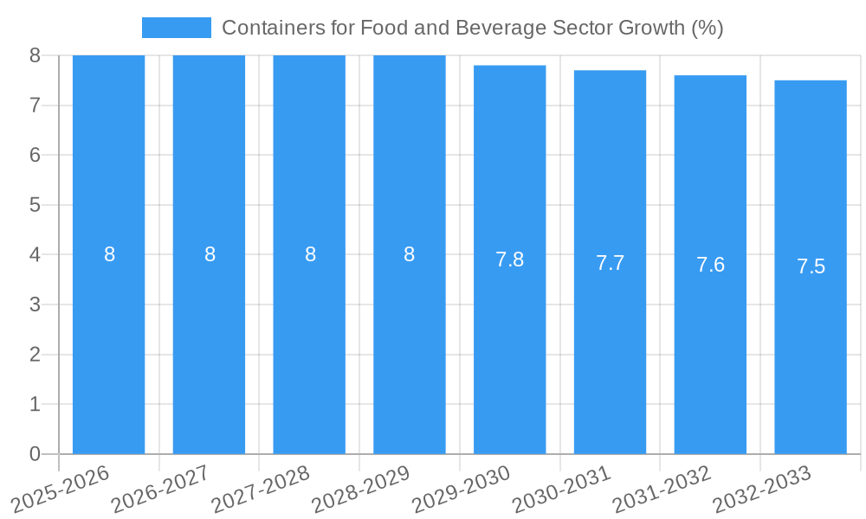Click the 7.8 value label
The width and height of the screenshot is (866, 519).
pos(509,259)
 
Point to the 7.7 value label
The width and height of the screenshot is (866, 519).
pos(610,263)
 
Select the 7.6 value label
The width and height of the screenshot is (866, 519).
pos(710,265)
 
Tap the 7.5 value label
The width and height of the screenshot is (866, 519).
pos(811,266)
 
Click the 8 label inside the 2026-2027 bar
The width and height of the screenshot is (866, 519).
pos(210,254)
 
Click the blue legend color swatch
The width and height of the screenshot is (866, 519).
pos(176,28)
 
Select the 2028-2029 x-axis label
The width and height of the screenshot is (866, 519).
pos(360,490)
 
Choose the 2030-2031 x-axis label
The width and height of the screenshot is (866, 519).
pos(561,490)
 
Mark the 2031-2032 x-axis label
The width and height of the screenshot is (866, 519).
pos(662,490)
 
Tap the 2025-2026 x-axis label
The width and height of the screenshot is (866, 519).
pos(61,490)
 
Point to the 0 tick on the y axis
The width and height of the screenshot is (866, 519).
pos(35,454)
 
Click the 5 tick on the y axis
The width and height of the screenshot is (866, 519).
pos(35,205)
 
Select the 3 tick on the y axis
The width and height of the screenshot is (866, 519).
pos(35,304)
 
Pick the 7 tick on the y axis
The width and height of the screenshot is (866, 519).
pos(35,106)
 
